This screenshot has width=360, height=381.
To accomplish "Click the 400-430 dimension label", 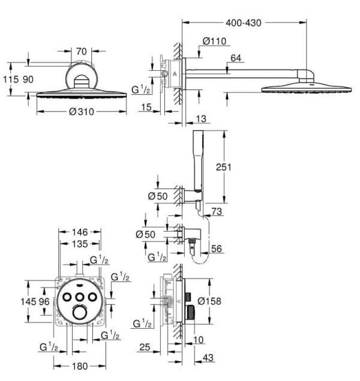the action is [244, 23].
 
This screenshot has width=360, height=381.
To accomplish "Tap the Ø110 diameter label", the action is [214, 41].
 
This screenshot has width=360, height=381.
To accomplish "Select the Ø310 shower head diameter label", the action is [82, 112].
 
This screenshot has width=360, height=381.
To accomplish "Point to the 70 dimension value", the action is [82, 52].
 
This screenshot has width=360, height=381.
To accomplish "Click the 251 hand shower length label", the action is [223, 167].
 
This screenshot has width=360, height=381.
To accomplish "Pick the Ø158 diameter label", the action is [209, 301].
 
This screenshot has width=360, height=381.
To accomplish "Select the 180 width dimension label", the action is [80, 366].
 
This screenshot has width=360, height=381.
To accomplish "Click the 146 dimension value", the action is [80, 232].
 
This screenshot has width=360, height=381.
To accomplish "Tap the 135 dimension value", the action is [80, 244].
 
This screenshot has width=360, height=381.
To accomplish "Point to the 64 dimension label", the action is [236, 58].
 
